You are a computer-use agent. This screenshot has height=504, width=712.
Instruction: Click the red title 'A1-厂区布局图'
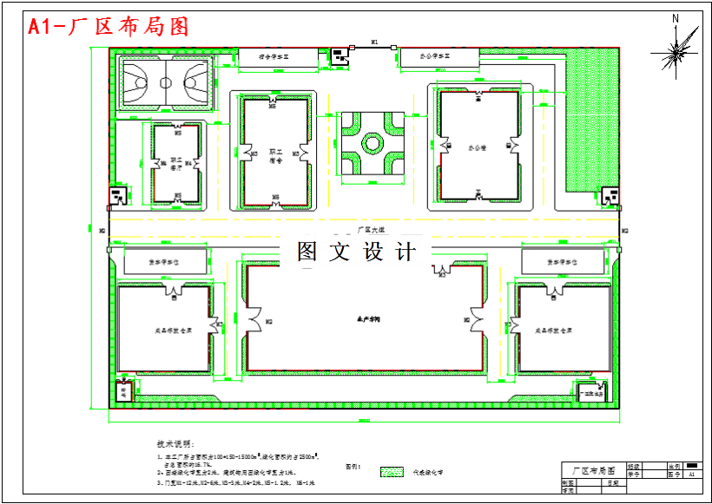point(108,26)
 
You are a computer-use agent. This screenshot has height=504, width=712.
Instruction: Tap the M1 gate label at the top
point(374,42)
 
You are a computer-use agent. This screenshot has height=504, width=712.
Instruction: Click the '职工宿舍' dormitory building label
point(275,154)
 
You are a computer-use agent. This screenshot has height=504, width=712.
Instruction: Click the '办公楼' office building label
point(476,148)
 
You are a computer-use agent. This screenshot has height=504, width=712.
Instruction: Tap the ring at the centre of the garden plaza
point(372,142)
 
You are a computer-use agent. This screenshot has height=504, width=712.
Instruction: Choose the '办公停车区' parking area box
point(439,57)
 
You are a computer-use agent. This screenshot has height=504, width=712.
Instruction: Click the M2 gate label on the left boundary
point(102,231)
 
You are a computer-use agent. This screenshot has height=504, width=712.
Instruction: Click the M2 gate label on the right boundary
point(624,231)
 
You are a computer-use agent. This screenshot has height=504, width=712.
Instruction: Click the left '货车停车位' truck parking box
point(164,260)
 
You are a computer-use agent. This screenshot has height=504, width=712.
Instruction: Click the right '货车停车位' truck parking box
point(563,260)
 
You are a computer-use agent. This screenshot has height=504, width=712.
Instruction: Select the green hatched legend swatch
point(392,473)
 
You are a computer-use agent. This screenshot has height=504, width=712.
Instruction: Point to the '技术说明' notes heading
point(176,443)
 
